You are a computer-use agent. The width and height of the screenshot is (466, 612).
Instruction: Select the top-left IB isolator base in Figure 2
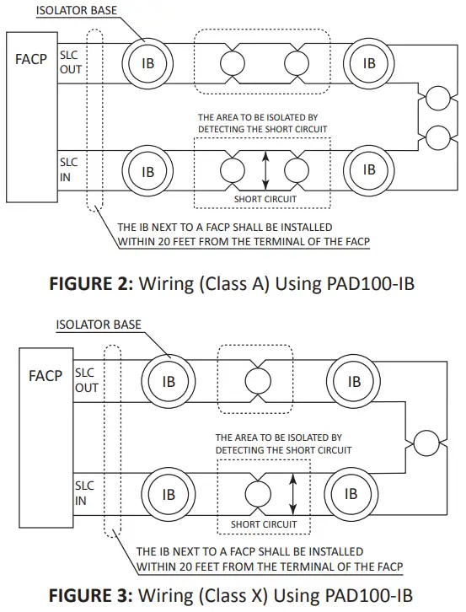tap(148, 63)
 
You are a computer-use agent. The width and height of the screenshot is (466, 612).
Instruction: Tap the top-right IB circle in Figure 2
tap(368, 63)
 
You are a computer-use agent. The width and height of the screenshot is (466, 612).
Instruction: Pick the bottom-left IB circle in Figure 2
tap(148, 172)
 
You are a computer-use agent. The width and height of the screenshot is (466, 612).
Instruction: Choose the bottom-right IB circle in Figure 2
tap(368, 169)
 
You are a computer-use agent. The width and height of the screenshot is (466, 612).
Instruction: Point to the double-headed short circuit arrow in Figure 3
tap(293, 491)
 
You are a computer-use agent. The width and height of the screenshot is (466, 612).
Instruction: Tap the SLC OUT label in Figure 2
tap(71, 62)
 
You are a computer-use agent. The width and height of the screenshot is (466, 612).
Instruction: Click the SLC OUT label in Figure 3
tap(87, 380)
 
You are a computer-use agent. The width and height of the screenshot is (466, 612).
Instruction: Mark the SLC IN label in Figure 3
tap(84, 493)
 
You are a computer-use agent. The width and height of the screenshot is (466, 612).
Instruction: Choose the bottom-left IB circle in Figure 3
tap(169, 493)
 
